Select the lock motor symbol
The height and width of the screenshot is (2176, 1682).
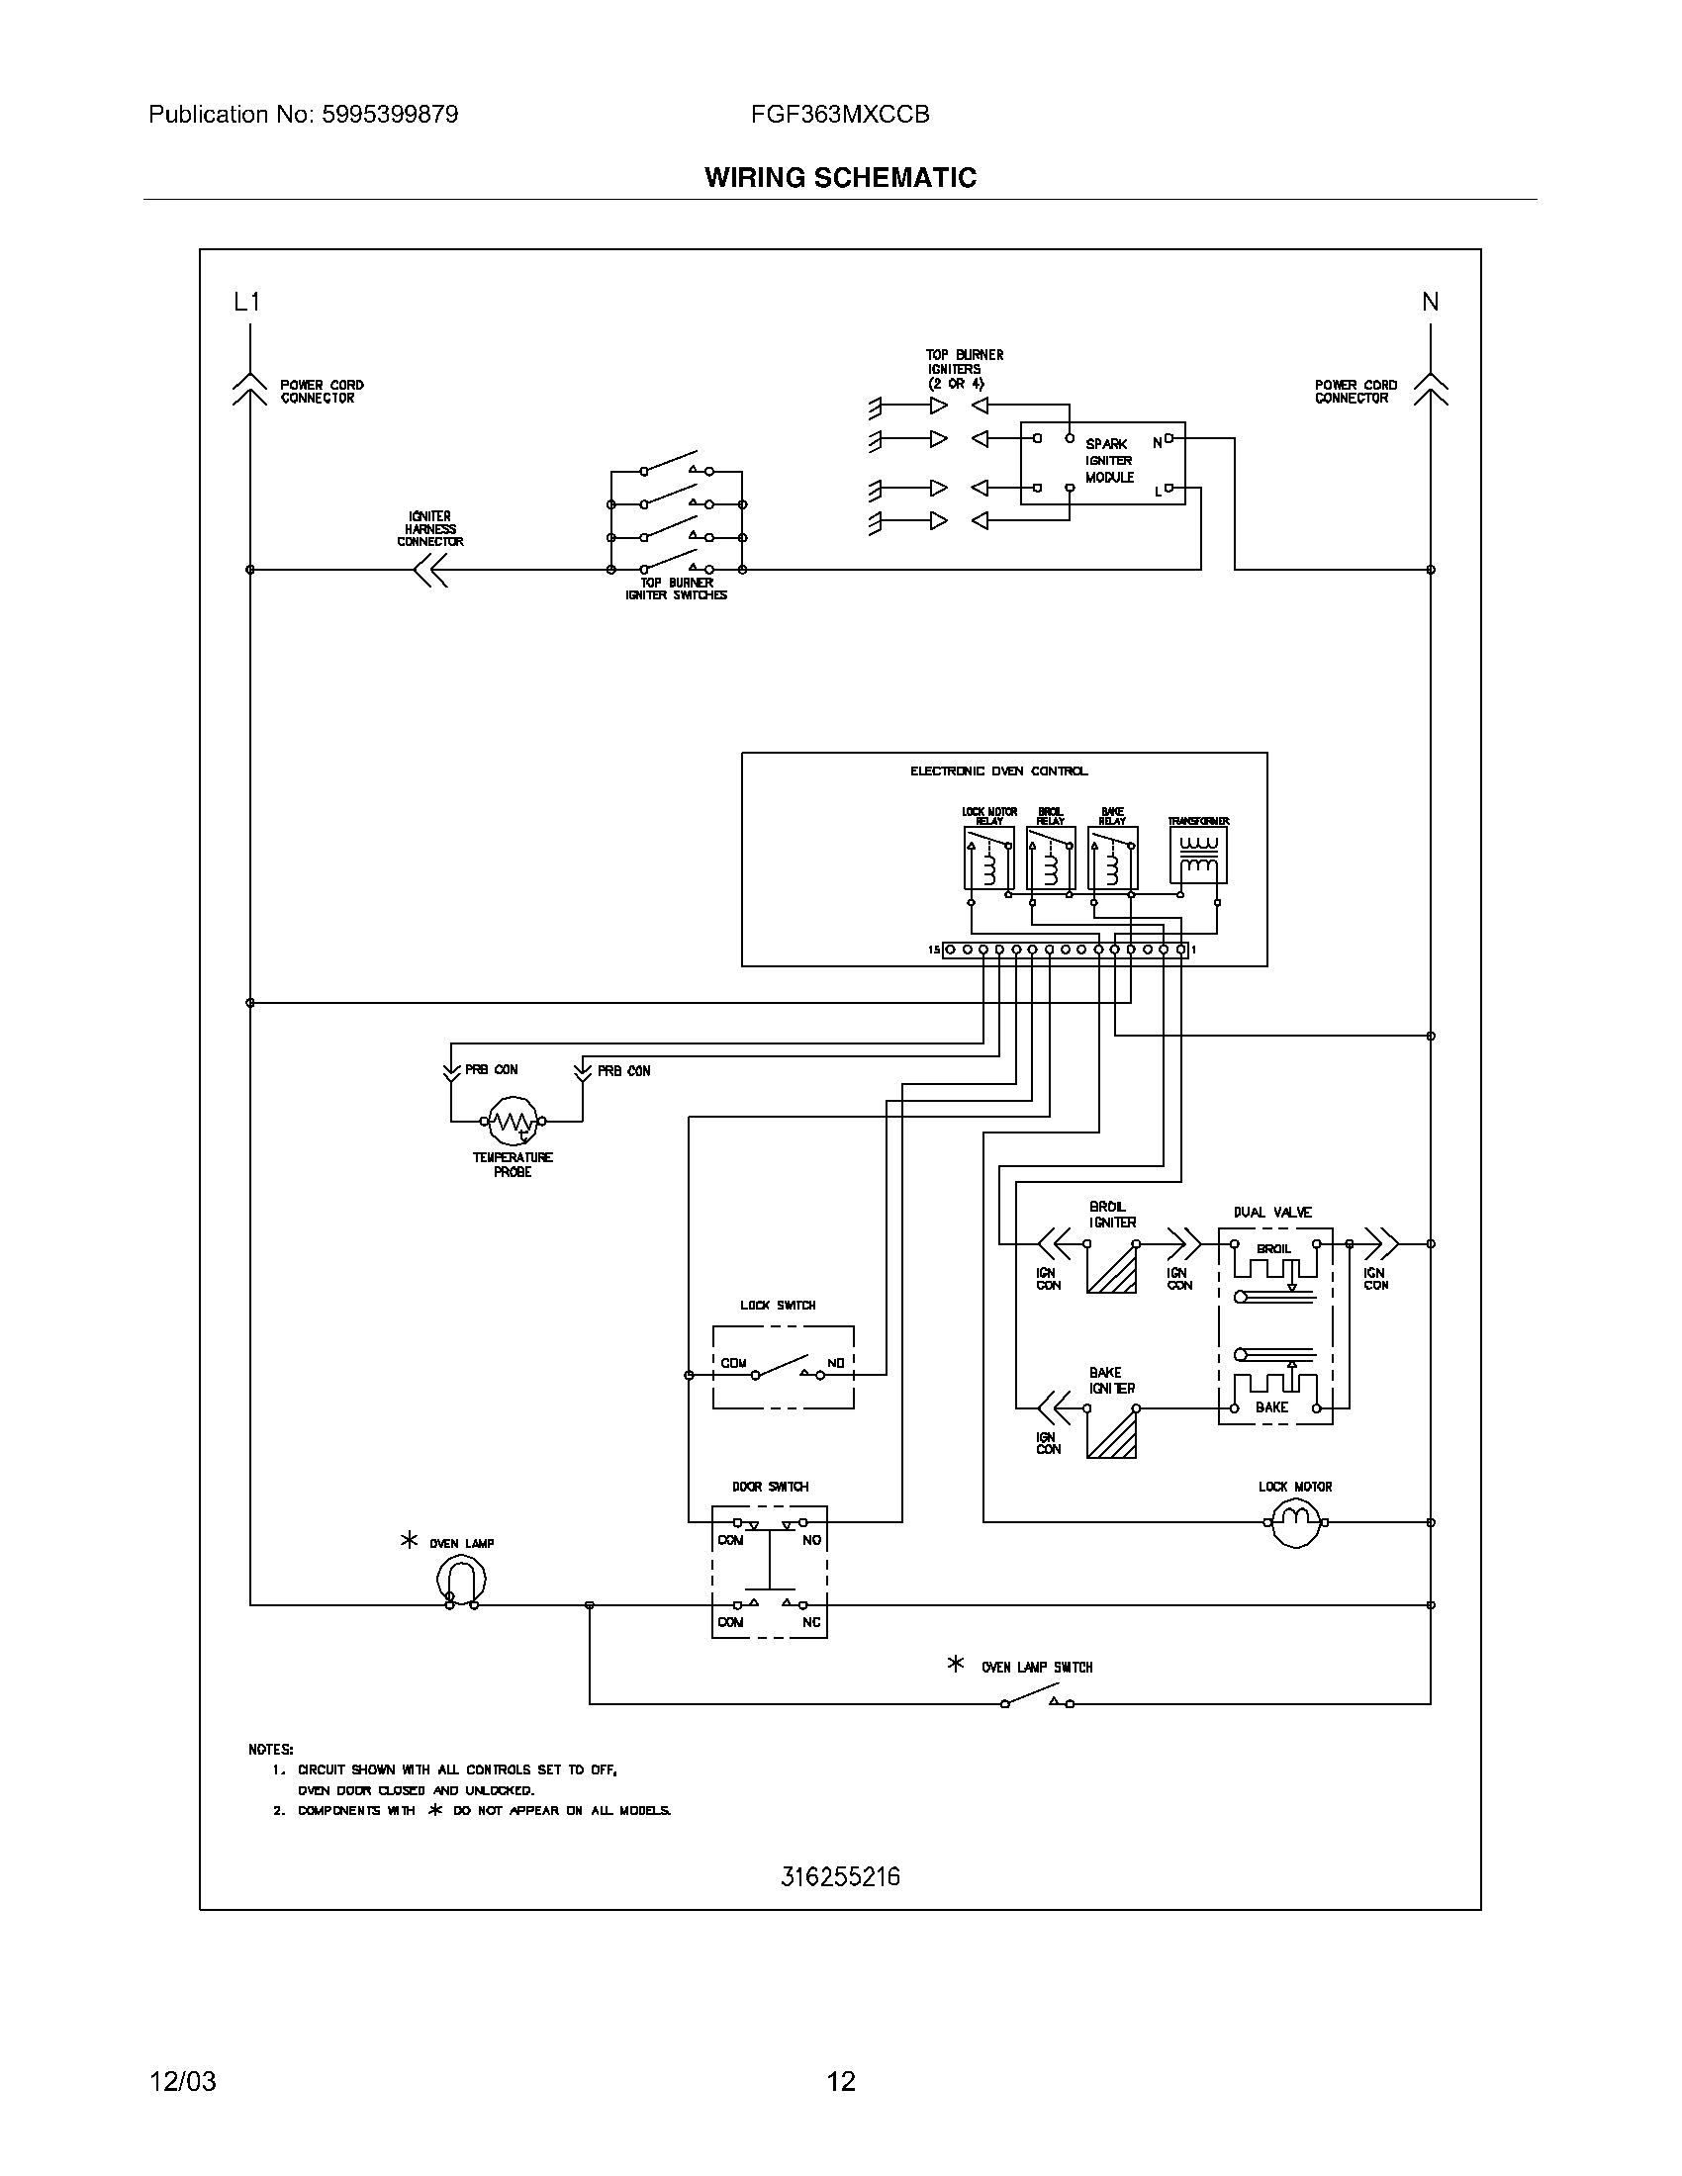(x=1295, y=1521)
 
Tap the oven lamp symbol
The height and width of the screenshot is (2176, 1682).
(x=461, y=1581)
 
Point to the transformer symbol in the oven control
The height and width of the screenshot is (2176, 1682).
(x=1198, y=856)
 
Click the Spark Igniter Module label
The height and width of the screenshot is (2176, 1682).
(x=1109, y=461)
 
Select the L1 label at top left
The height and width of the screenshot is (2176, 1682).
(x=246, y=302)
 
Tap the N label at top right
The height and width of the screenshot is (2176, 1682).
(x=1430, y=302)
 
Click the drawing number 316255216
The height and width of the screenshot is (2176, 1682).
(x=840, y=1877)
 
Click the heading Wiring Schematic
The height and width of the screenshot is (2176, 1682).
(x=840, y=177)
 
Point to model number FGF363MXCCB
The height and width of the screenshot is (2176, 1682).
(x=840, y=115)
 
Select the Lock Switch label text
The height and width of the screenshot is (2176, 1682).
(x=778, y=1306)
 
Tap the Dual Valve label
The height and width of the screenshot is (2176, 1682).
(x=1272, y=1213)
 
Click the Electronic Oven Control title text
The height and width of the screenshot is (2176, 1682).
(x=998, y=771)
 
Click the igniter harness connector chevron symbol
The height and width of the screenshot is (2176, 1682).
(x=430, y=570)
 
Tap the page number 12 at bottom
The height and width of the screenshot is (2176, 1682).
(x=841, y=2081)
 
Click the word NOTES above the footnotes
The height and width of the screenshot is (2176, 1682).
(x=270, y=1750)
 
